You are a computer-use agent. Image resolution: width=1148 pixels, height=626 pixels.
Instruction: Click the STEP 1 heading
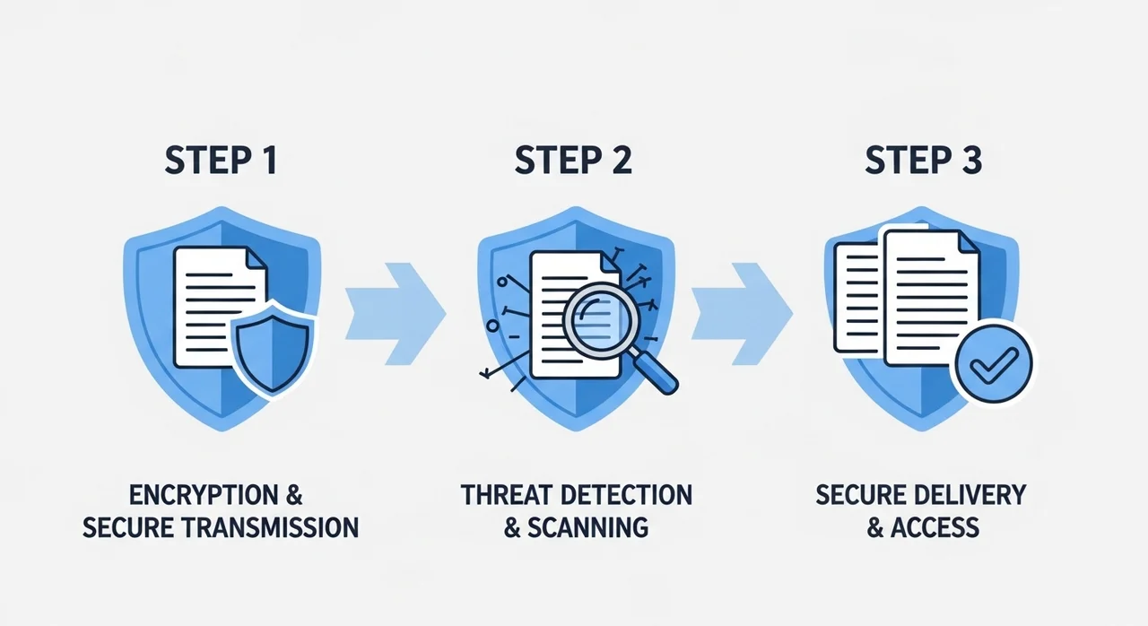[221, 161]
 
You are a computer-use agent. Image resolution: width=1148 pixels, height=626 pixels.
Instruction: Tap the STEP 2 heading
[573, 161]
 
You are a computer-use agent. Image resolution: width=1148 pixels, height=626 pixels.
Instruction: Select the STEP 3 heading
[924, 161]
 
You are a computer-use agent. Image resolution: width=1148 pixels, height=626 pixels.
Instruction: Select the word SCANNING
[587, 526]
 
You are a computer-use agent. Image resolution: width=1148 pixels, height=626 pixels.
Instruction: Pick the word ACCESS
[935, 526]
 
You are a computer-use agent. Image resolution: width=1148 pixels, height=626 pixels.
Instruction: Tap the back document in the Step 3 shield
[856, 296]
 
